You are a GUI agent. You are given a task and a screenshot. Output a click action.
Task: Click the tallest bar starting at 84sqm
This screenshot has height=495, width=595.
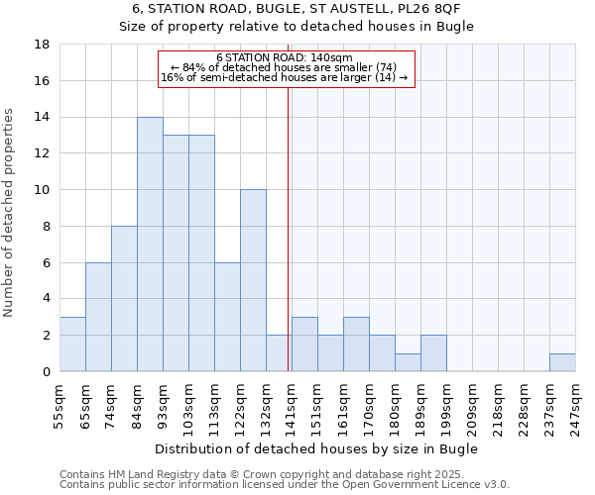pyautogui.click(x=150, y=245)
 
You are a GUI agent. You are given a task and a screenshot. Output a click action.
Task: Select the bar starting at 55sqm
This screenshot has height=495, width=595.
pyautogui.click(x=72, y=345)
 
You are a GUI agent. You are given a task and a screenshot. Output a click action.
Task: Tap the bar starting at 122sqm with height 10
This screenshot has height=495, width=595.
pyautogui.click(x=253, y=280)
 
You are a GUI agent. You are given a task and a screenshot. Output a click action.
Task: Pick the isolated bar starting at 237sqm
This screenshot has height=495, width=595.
pyautogui.click(x=562, y=362)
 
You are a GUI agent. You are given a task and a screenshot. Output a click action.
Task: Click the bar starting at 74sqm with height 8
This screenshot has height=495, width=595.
pyautogui.click(x=124, y=299)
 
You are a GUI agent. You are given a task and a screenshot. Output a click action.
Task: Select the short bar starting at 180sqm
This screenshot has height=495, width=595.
pyautogui.click(x=408, y=362)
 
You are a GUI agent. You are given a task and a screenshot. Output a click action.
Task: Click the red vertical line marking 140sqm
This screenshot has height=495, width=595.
pyautogui.click(x=288, y=228)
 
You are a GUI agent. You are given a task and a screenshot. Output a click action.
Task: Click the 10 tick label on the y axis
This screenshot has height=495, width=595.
pyautogui.click(x=43, y=190)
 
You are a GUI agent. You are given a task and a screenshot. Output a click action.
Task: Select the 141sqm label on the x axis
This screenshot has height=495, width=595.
pyautogui.click(x=292, y=406)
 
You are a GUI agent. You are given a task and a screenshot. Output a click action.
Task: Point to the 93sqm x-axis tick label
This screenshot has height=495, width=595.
pyautogui.click(x=163, y=406)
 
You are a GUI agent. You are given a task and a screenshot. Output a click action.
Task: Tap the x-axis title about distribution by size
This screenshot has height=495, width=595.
pyautogui.click(x=317, y=448)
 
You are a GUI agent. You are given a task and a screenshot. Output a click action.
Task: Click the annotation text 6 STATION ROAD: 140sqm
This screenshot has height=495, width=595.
pyautogui.click(x=284, y=58)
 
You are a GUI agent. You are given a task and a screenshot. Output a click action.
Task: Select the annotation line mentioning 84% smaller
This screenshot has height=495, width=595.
pyautogui.click(x=284, y=67)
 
